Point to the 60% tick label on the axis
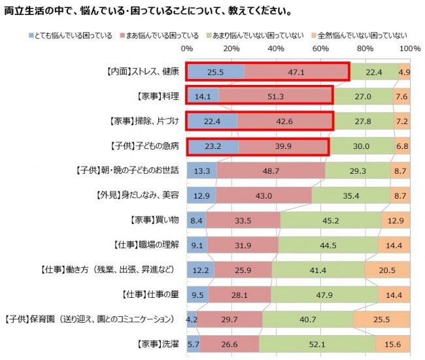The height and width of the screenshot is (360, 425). pos(320,49)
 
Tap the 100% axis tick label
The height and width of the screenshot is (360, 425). pos(410,49)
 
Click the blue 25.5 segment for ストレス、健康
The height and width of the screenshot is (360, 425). pos(216,72)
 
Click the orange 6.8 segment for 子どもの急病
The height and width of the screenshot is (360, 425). pos(403,146)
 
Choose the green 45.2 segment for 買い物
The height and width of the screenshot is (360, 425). pos(331,220)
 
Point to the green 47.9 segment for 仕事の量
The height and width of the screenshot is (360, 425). pos(324,294)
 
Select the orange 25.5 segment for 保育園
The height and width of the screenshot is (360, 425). pos(382,319)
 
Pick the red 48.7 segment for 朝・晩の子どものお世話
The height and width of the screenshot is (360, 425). pos(271,171)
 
